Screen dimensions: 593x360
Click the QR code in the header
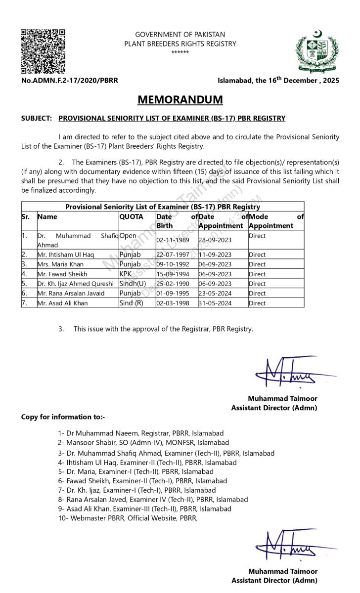coord(43,51)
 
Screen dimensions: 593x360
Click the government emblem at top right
coord(317,52)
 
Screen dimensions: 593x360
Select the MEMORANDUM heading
coord(180,100)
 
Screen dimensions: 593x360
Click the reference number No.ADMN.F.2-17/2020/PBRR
coord(70,81)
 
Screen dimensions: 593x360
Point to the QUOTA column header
coord(131,216)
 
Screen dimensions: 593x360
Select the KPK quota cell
coord(126,274)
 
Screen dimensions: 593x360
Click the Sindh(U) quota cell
coord(133,284)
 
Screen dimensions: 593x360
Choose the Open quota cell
coord(128,236)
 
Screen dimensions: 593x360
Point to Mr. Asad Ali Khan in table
coord(63,303)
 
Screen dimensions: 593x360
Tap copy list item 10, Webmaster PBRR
coord(128,518)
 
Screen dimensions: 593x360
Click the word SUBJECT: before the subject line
coord(37,119)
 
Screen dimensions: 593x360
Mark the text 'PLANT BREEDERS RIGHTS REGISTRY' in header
coord(180,43)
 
